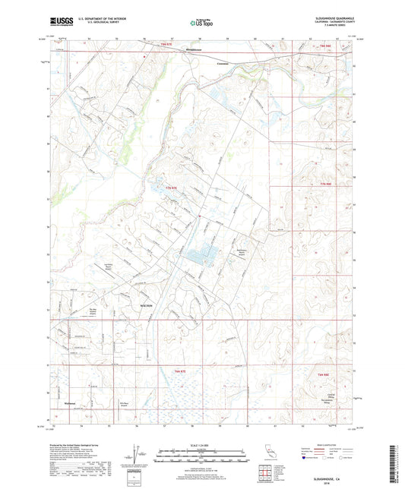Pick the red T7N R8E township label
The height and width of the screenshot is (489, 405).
point(326,185)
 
